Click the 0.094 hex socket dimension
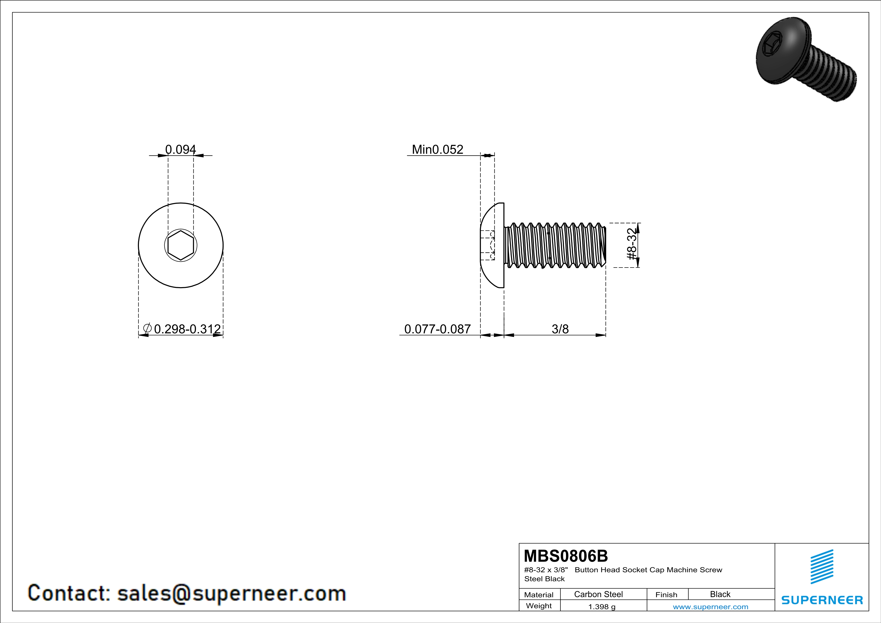[180, 149]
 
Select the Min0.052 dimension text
[437, 149]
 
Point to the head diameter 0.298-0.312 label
[187, 329]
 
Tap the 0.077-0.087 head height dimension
[437, 329]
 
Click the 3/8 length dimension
[560, 329]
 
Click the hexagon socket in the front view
[180, 245]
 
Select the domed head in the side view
[492, 245]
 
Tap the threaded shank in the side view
[555, 245]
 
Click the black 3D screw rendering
[806, 60]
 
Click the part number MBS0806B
[565, 556]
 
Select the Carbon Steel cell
[598, 594]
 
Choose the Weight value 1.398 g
[602, 606]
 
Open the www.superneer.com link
[710, 606]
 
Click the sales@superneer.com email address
[231, 593]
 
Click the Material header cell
[539, 595]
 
